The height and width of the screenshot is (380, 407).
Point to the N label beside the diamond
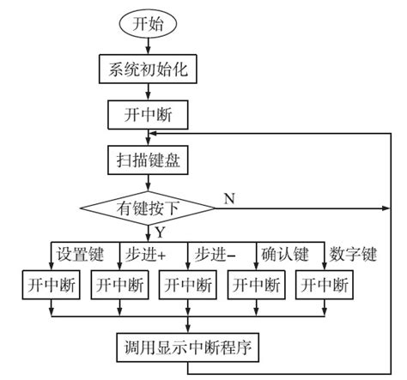click(228, 196)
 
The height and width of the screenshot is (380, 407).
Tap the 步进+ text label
click(147, 254)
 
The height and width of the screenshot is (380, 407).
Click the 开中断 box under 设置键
click(51, 284)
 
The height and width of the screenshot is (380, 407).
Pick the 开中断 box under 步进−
click(186, 284)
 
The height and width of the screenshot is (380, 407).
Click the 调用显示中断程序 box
click(186, 347)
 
